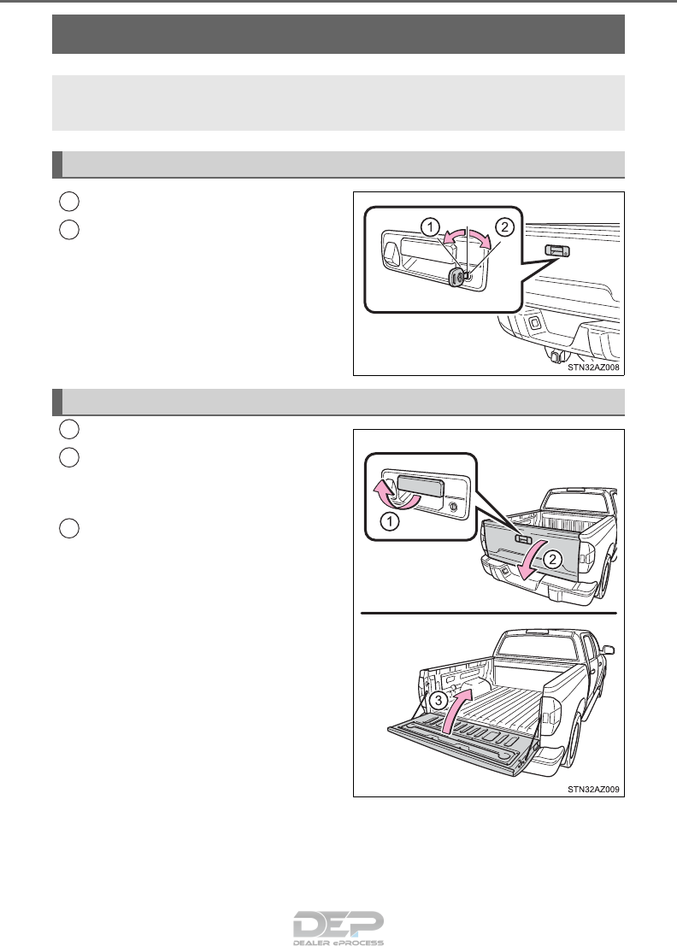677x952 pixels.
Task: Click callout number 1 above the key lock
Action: (x=430, y=227)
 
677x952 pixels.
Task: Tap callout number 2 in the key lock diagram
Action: (x=504, y=227)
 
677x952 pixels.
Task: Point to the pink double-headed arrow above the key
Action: (x=467, y=238)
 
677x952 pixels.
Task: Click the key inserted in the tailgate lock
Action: (x=456, y=277)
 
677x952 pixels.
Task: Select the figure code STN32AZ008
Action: (x=593, y=367)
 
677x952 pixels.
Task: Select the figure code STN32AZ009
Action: (x=593, y=790)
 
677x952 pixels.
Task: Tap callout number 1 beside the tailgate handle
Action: (x=389, y=521)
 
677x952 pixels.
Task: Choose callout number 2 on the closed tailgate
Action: (x=552, y=559)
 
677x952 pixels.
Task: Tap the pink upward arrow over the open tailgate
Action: (x=456, y=710)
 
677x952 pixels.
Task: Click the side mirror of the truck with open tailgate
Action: (x=609, y=650)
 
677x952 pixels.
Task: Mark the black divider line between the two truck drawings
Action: (x=489, y=614)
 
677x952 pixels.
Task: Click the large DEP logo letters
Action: (x=338, y=924)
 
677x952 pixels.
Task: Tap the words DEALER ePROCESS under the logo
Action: (x=338, y=943)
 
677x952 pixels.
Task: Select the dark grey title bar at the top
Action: (x=338, y=34)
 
